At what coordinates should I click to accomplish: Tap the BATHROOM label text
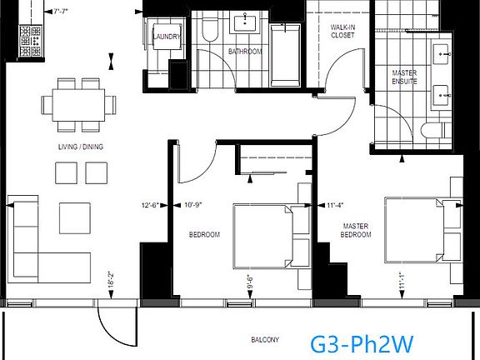(245, 52)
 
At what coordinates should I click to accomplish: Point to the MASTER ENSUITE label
(405, 77)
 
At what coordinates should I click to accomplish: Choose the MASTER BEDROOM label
(357, 231)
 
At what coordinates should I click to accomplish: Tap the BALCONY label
(266, 340)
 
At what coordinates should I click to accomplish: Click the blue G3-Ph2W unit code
(362, 342)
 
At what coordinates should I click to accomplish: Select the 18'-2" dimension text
(110, 282)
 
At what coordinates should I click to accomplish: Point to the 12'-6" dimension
(151, 202)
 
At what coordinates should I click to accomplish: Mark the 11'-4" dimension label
(336, 202)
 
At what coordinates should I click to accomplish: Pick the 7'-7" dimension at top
(60, 12)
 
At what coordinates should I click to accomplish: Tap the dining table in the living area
(81, 105)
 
